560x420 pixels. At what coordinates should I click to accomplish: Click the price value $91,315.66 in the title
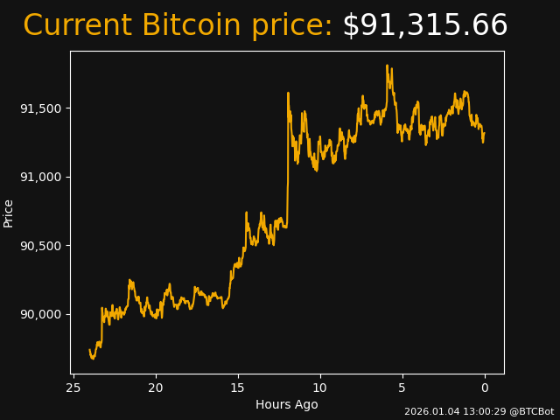[424, 26]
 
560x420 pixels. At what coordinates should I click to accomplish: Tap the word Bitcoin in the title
[191, 26]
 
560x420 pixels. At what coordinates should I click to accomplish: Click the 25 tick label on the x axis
[73, 388]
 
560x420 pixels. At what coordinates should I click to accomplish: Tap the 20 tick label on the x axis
[156, 388]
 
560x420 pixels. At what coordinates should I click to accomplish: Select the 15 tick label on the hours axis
[238, 388]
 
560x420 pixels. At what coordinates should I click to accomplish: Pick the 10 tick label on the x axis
[320, 388]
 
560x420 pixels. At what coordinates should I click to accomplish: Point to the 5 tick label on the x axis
[402, 388]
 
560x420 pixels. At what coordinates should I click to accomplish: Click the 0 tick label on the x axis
[485, 388]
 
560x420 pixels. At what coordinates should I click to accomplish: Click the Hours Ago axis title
[287, 404]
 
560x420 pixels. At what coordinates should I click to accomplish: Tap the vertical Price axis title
[9, 213]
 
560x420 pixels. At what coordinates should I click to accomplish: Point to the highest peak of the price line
[387, 66]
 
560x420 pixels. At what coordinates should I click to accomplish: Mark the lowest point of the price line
[93, 359]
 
